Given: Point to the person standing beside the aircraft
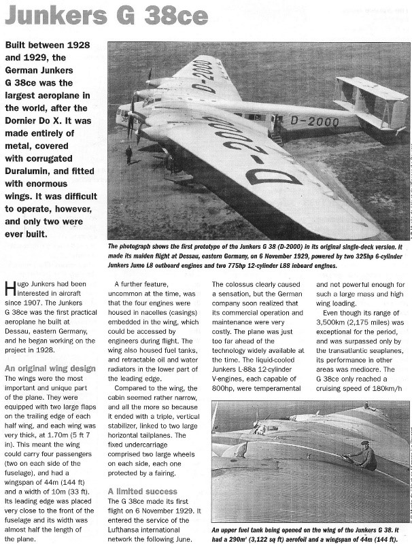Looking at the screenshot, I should (128, 154).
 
